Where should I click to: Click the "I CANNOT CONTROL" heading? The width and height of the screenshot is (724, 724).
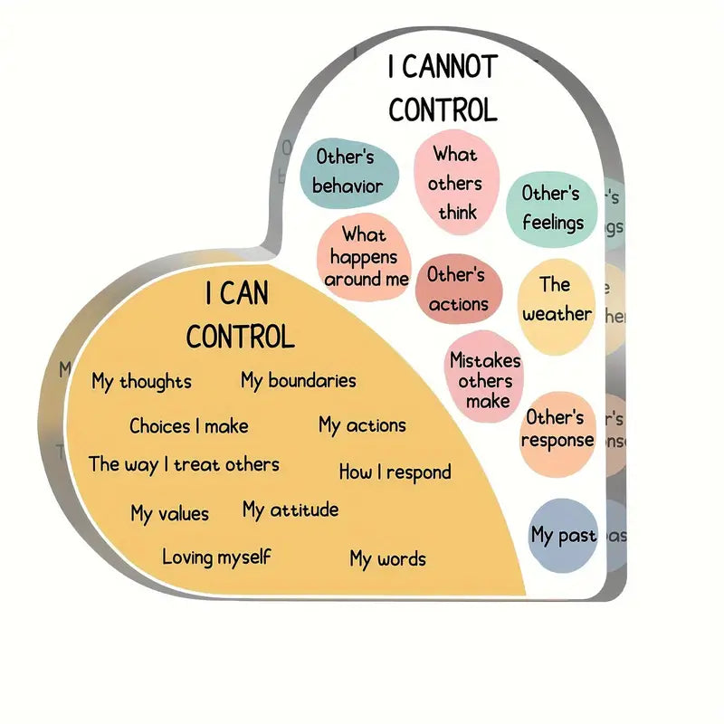click(x=443, y=89)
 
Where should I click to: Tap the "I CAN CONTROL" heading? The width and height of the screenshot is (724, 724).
click(x=241, y=315)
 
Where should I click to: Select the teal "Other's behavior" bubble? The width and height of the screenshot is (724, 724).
click(x=348, y=171)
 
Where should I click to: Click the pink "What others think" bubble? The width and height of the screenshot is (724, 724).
click(x=456, y=184)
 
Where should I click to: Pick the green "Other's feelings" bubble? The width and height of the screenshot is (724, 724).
click(x=551, y=207)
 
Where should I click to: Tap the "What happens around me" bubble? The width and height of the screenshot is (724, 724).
click(x=365, y=257)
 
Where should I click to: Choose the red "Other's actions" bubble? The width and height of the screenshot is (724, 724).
click(x=457, y=289)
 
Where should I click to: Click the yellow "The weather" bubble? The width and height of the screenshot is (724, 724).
click(x=556, y=300)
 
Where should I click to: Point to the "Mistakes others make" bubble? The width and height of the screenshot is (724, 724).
click(x=486, y=380)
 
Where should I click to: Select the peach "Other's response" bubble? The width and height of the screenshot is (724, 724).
click(x=557, y=429)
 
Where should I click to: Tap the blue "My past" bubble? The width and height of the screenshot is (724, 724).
click(x=562, y=535)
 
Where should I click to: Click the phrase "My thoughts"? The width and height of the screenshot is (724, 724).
click(x=141, y=382)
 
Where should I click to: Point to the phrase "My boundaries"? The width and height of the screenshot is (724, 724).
click(x=298, y=381)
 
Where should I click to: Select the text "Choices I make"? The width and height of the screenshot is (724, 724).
click(x=188, y=426)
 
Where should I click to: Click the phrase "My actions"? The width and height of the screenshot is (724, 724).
click(x=362, y=425)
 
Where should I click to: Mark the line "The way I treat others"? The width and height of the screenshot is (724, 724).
click(x=184, y=465)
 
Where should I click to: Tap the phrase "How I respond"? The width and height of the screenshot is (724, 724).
click(x=395, y=472)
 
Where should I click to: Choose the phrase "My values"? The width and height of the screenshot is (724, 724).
click(x=169, y=514)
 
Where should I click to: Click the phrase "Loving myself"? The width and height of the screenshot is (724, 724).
click(x=216, y=557)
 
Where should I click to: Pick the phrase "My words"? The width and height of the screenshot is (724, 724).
click(x=387, y=559)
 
